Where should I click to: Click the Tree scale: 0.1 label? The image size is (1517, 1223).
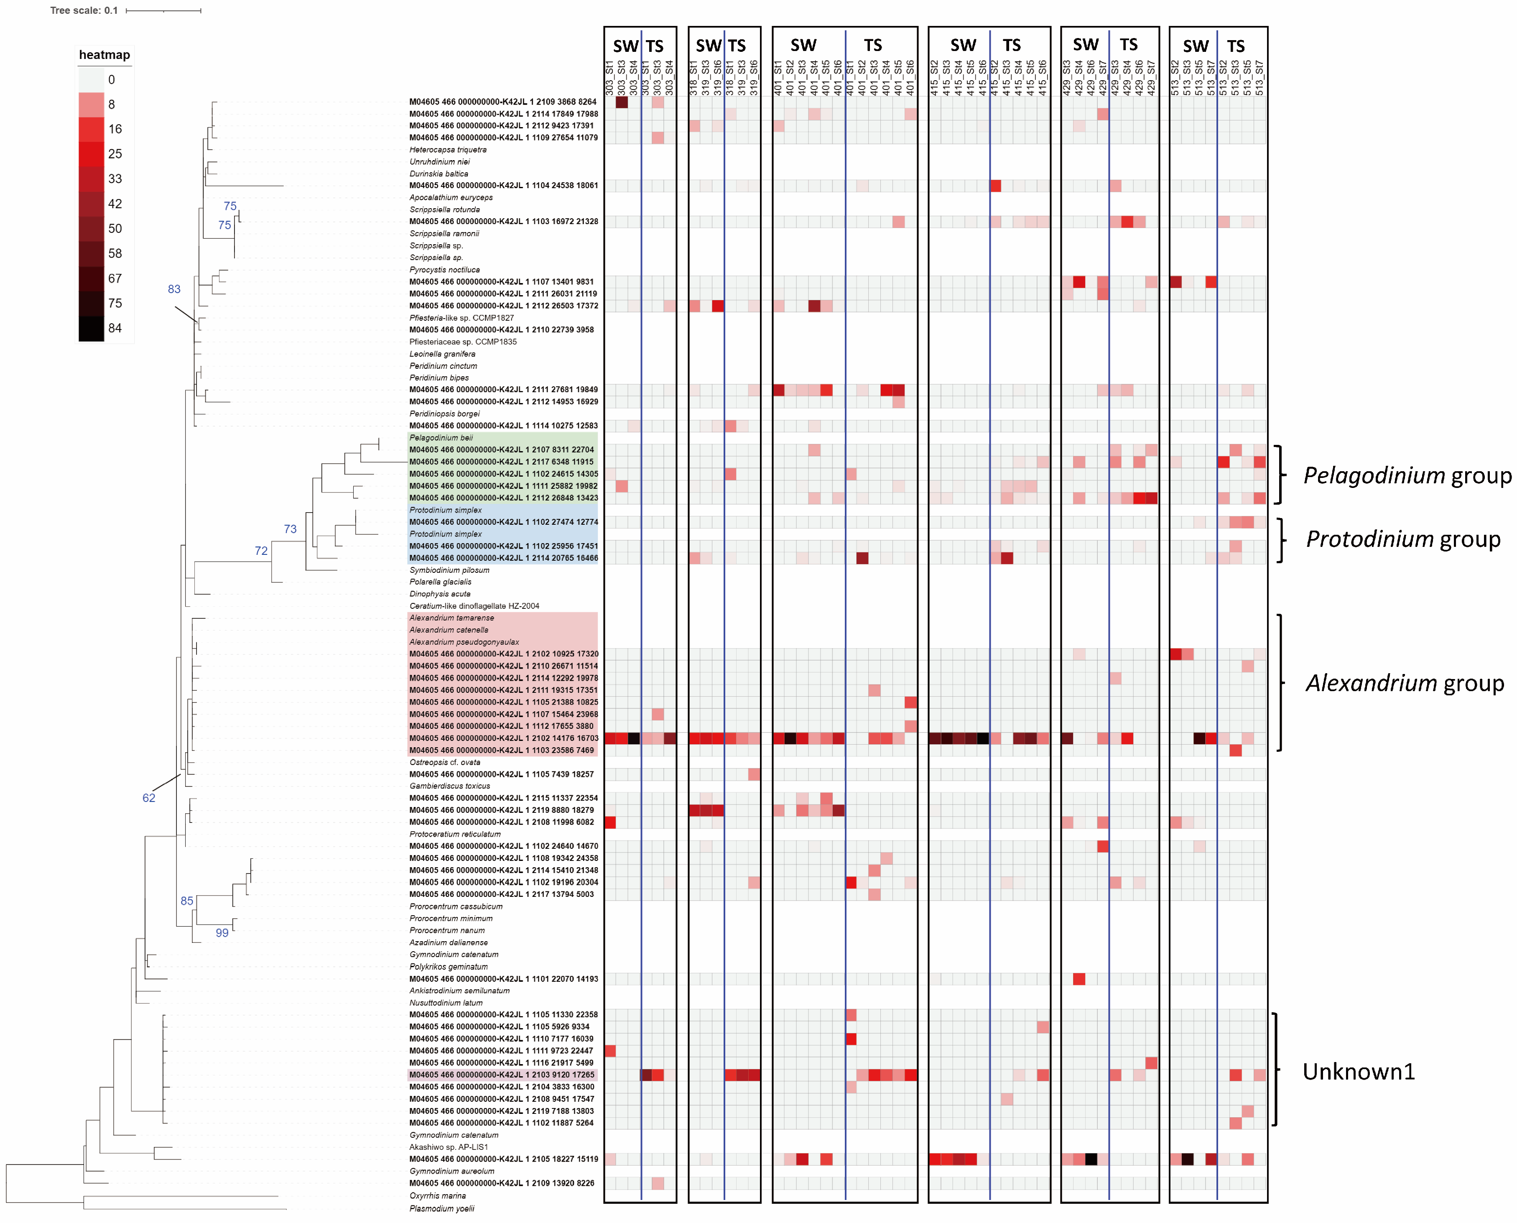click(84, 10)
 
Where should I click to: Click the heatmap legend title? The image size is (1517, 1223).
click(104, 55)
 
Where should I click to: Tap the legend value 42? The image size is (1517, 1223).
click(115, 204)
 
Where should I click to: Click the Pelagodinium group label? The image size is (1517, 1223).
click(1406, 475)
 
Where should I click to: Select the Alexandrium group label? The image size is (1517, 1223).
click(1404, 683)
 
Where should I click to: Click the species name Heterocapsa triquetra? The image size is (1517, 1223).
click(448, 149)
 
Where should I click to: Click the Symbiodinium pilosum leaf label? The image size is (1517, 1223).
click(449, 570)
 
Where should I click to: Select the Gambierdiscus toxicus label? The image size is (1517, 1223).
click(449, 786)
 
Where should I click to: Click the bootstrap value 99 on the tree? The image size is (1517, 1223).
click(222, 933)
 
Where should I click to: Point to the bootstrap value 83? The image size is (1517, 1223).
click(174, 289)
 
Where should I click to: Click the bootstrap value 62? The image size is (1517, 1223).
click(148, 797)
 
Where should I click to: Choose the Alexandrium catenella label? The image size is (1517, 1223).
click(449, 630)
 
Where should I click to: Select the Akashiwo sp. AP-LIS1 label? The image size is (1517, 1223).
click(448, 1147)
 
